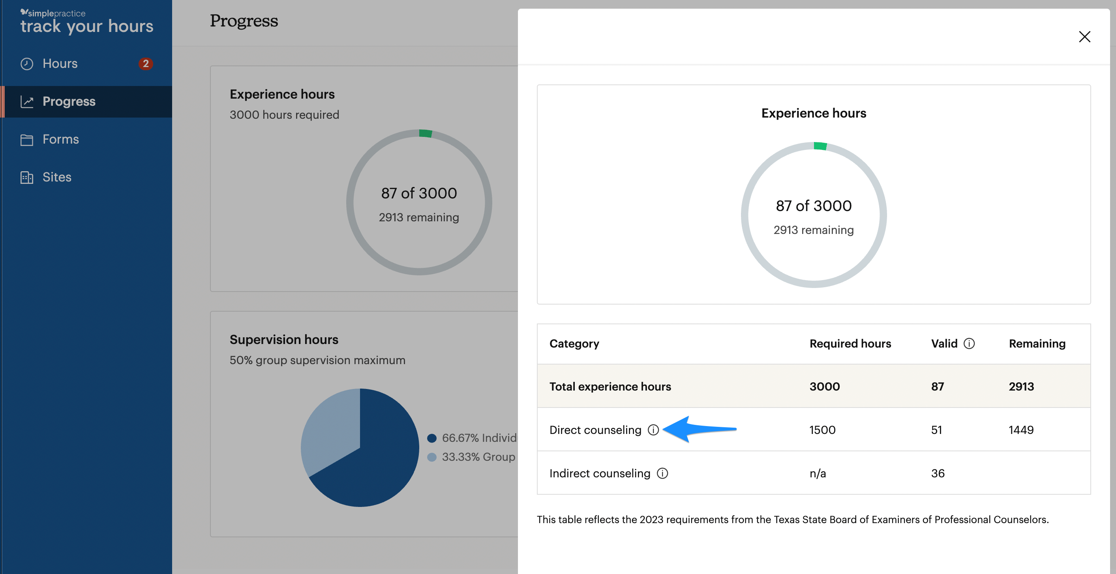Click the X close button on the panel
1084,37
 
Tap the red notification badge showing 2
146,64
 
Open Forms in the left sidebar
61,139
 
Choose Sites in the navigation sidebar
57,177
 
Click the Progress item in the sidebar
69,101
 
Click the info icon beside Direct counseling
653,430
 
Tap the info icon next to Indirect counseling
662,473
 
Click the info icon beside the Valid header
969,343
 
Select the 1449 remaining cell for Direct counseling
1021,430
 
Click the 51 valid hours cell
937,430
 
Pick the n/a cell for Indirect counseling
818,473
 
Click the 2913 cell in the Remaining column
1021,386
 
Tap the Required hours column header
850,343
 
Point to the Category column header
574,343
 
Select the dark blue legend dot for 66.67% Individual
431,438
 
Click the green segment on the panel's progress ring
820,146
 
